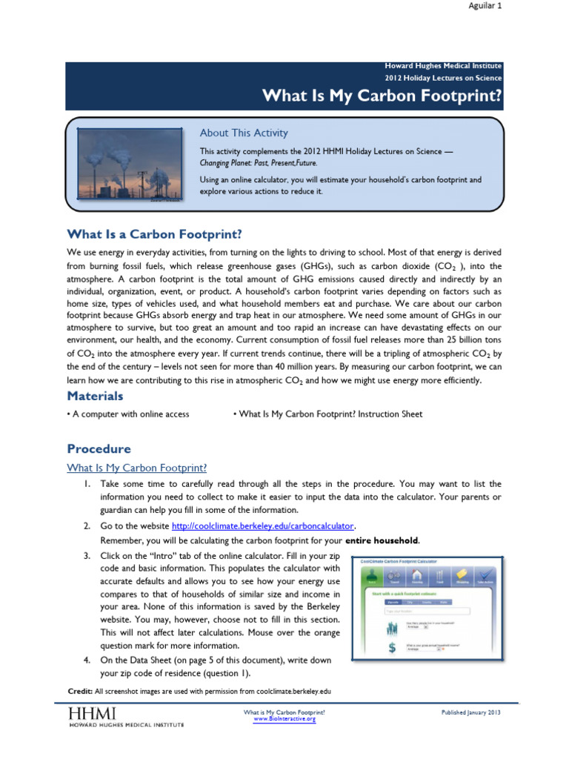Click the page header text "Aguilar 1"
click(x=485, y=6)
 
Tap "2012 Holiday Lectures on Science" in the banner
click(x=443, y=78)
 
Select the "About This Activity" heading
click(x=244, y=133)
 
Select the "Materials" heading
click(x=95, y=397)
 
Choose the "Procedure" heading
click(x=99, y=448)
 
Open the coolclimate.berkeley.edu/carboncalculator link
click(x=262, y=526)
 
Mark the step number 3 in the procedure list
click(x=87, y=555)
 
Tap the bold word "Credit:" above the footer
click(x=79, y=691)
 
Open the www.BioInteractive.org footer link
click(x=284, y=719)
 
